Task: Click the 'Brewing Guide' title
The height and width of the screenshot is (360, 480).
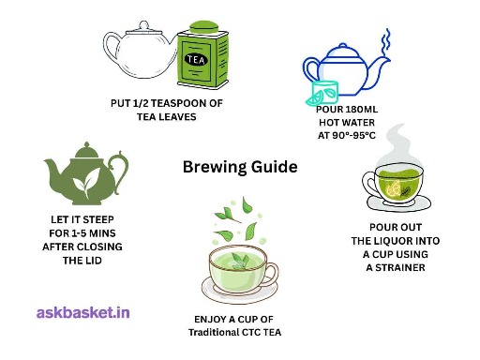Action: click(240, 167)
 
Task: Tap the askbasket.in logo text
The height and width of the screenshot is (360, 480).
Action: click(83, 313)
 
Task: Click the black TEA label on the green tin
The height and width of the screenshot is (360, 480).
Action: click(196, 60)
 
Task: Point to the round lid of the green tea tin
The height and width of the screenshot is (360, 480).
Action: click(204, 27)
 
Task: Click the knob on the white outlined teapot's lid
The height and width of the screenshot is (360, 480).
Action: click(143, 25)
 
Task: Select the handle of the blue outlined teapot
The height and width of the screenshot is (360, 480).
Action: click(310, 70)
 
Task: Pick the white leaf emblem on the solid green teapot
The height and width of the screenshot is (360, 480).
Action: click(86, 183)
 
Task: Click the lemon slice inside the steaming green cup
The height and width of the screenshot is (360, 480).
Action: click(393, 188)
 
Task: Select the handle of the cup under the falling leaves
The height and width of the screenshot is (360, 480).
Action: click(271, 274)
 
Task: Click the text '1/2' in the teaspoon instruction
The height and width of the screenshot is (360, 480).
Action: click(141, 103)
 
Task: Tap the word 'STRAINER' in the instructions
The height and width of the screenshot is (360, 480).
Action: click(400, 267)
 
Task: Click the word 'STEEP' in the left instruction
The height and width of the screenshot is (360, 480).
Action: click(97, 219)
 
